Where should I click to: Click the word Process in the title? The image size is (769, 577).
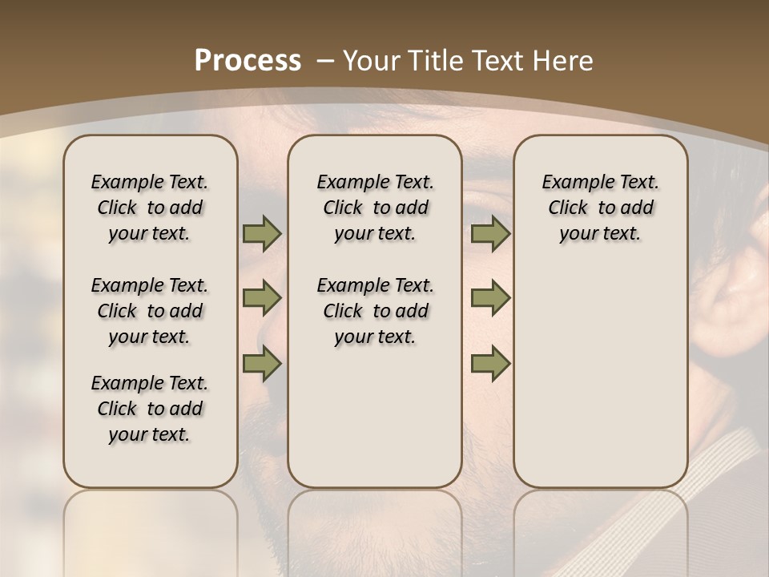pos(248,61)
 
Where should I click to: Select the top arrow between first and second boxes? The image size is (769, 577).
pos(262,234)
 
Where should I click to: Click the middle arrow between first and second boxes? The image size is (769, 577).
pos(262,298)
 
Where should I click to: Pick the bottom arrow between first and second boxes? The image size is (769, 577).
pos(262,364)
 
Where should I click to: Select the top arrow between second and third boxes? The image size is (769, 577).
pos(490,234)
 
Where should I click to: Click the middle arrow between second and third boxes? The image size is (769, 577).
pos(490,298)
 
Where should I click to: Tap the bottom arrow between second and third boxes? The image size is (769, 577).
pos(490,364)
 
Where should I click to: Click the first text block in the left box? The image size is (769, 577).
pos(150,208)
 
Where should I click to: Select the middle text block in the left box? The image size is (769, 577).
pos(150,311)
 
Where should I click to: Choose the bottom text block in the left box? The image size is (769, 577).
pos(150,409)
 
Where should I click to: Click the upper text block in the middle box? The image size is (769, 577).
pos(375,208)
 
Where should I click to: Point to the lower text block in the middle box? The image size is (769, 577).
pos(375,311)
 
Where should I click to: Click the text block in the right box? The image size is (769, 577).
pos(601,208)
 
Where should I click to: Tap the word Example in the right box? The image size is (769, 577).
pos(573,183)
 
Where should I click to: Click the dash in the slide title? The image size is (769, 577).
pos(325,61)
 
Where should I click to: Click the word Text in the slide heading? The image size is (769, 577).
pos(498,61)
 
